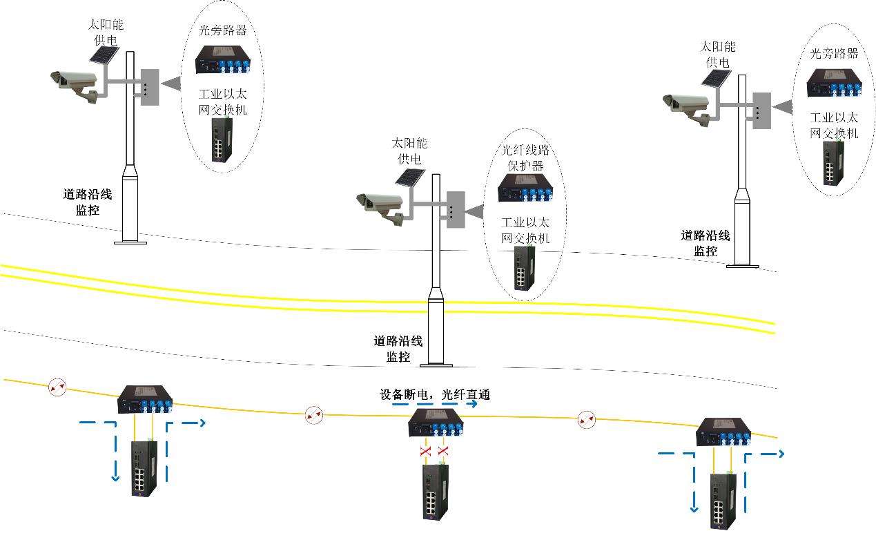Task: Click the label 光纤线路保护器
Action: pos(527,158)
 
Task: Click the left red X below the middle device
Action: pos(425,452)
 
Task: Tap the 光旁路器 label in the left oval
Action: pos(222,31)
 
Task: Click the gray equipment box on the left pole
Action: pos(150,87)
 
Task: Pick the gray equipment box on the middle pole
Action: pos(456,209)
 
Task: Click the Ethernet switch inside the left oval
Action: pos(221,141)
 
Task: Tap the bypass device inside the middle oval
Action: pos(527,188)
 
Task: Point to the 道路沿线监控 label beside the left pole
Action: pos(88,202)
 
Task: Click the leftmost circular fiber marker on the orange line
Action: pos(57,388)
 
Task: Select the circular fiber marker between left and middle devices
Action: pos(313,415)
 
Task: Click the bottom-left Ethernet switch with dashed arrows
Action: pos(144,468)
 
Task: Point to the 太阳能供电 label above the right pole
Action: pos(718,54)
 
